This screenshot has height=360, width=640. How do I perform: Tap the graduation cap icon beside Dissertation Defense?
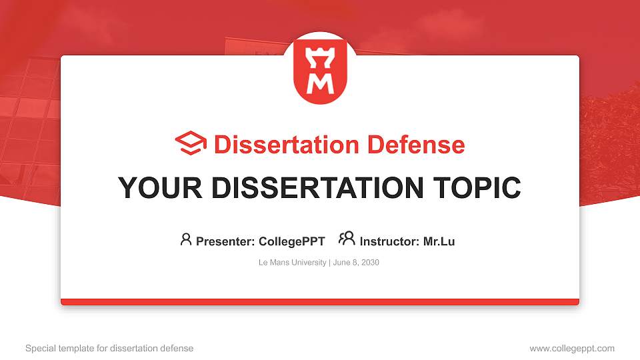pyautogui.click(x=191, y=143)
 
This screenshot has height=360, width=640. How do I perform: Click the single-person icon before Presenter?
pyautogui.click(x=186, y=239)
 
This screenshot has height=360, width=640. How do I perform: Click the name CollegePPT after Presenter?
pyautogui.click(x=291, y=241)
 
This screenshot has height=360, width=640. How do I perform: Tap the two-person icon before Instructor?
pyautogui.click(x=347, y=239)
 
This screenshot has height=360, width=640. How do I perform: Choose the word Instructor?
pyautogui.click(x=389, y=241)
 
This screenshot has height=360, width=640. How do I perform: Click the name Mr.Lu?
pyautogui.click(x=439, y=241)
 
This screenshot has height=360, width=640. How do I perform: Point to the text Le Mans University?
pyautogui.click(x=292, y=263)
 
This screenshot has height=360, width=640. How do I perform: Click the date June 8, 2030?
pyautogui.click(x=355, y=263)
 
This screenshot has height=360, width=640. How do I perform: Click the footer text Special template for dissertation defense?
pyautogui.click(x=109, y=348)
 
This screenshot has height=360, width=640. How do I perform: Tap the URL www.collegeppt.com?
pyautogui.click(x=572, y=348)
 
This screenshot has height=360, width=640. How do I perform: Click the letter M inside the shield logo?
pyautogui.click(x=320, y=83)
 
